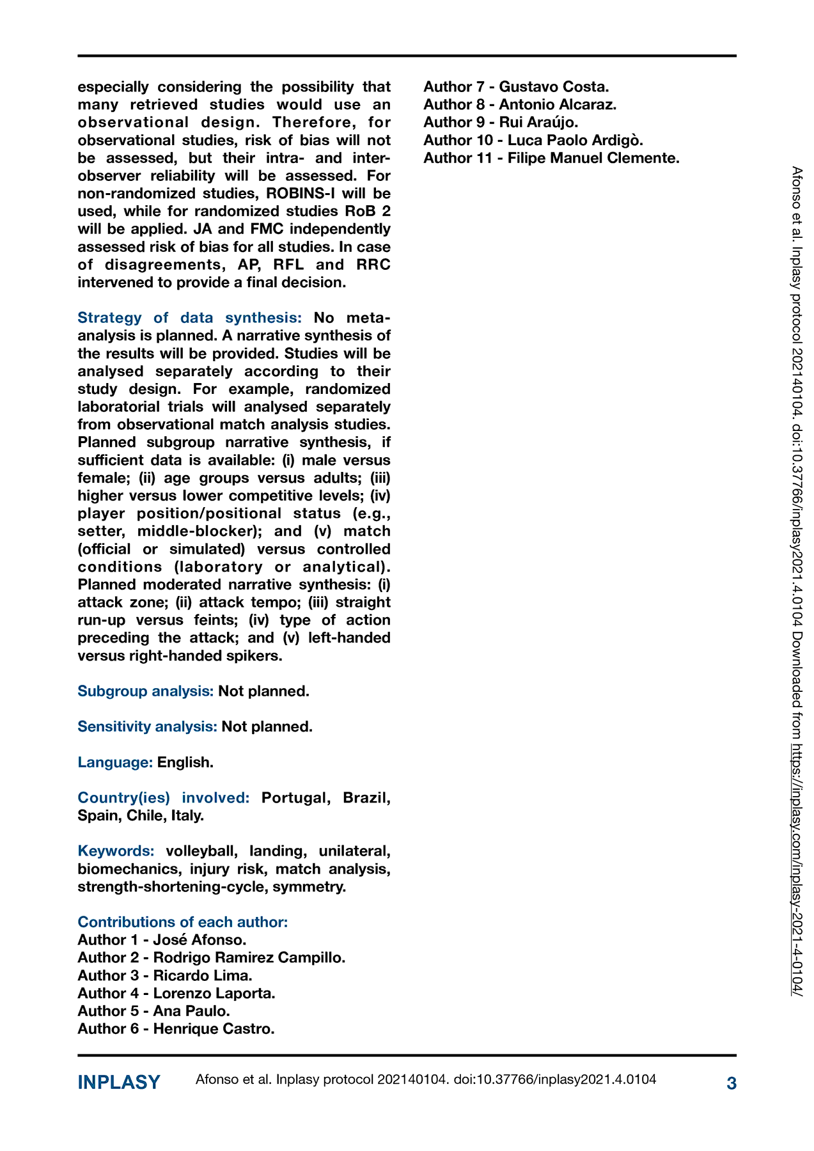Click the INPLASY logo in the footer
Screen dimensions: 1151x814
click(x=119, y=1083)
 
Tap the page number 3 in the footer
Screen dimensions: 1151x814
click(x=732, y=1083)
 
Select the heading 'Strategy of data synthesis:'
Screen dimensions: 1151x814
click(x=189, y=318)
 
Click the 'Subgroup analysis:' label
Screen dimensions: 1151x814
click(x=145, y=691)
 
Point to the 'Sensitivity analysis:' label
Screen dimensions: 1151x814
click(x=147, y=726)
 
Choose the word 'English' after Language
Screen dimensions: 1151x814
click(x=184, y=762)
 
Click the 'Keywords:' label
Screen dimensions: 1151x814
click(x=116, y=851)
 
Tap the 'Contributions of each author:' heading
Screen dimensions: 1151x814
click(x=182, y=922)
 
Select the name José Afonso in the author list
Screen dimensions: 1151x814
click(x=200, y=940)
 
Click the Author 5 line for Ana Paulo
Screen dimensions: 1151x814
click(x=153, y=1011)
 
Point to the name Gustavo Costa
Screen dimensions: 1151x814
click(x=553, y=87)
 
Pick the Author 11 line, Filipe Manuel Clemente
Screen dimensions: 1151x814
click(x=551, y=158)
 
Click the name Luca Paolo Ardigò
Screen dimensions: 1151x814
click(x=575, y=140)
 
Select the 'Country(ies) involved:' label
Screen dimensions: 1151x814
click(x=163, y=798)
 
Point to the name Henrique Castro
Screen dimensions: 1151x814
click(x=213, y=1029)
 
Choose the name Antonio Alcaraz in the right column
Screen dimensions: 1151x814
click(x=557, y=105)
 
